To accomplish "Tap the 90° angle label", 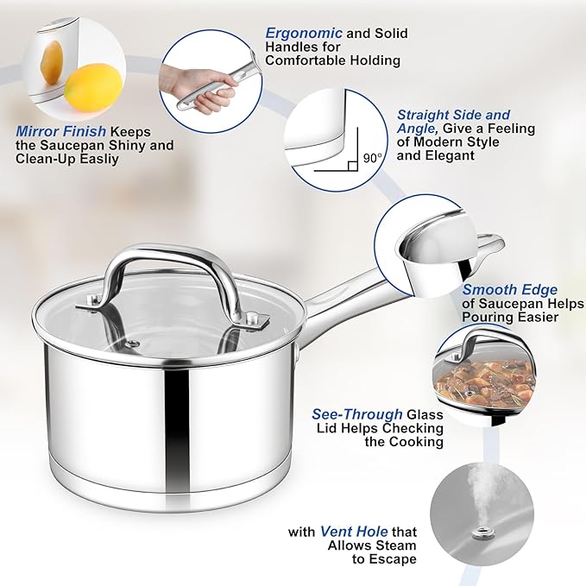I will (372, 159).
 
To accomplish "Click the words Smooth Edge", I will (509, 290).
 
